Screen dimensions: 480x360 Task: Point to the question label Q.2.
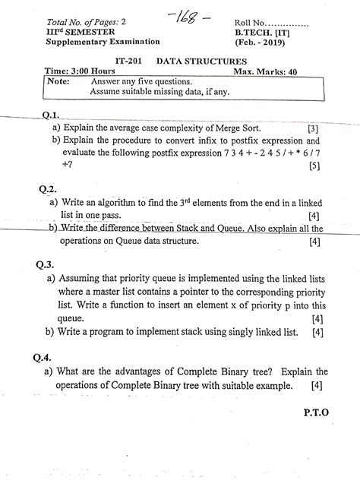click(x=47, y=189)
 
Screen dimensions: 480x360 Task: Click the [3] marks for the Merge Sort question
click(x=313, y=129)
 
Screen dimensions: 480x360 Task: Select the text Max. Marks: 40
click(x=276, y=70)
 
